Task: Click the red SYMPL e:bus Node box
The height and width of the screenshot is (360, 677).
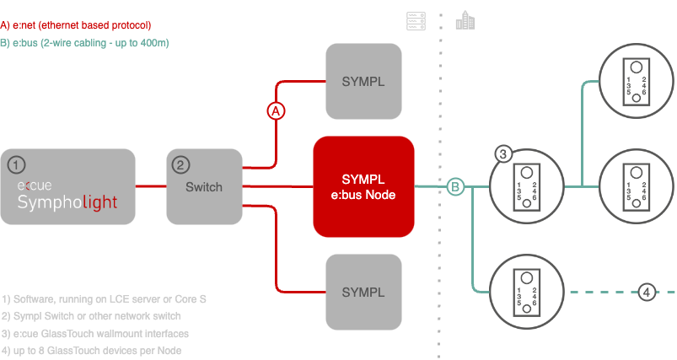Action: click(x=364, y=186)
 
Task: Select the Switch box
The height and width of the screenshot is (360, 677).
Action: click(x=203, y=186)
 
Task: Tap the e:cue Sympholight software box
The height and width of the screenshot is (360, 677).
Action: click(x=68, y=186)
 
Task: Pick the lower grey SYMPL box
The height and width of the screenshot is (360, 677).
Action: click(x=363, y=292)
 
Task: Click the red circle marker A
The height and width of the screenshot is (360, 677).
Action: click(x=276, y=110)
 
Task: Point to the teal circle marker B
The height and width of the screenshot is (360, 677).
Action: click(x=455, y=186)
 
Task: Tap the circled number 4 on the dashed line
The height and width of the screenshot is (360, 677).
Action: click(x=647, y=292)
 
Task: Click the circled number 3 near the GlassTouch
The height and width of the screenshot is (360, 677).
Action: click(x=503, y=154)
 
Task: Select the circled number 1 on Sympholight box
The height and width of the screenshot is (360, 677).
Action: click(x=17, y=164)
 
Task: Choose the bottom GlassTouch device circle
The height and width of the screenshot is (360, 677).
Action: click(x=528, y=292)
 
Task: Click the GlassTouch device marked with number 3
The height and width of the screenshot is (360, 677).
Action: click(x=528, y=186)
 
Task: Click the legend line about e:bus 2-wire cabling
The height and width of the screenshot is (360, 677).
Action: click(x=90, y=42)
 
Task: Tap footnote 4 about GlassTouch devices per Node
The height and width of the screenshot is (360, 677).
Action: click(x=92, y=350)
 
